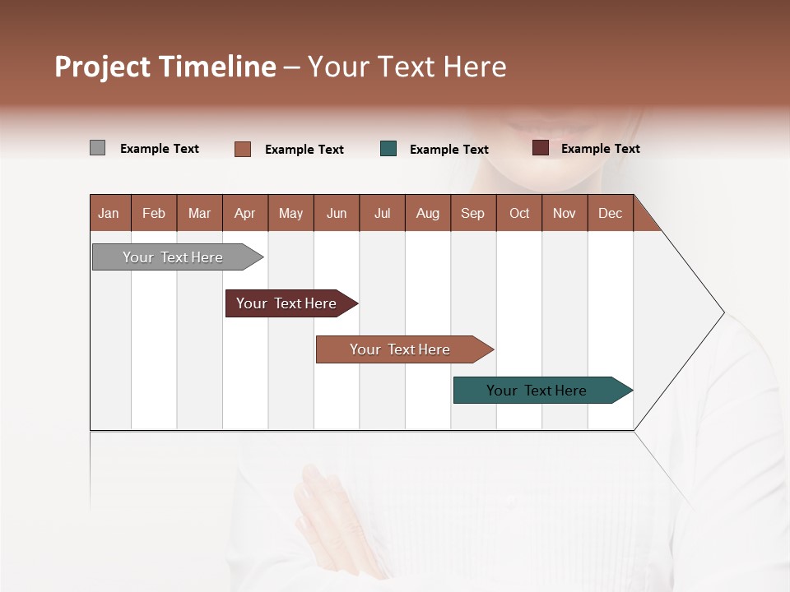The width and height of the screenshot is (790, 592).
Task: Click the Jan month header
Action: point(109,213)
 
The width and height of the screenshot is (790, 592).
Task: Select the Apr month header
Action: point(244,213)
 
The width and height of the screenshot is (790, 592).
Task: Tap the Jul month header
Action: point(382,213)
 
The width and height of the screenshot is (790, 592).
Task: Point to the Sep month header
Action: point(472,213)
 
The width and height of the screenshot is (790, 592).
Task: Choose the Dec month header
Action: point(610,213)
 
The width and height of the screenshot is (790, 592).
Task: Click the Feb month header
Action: point(154,213)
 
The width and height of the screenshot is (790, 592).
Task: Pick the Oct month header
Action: point(519,213)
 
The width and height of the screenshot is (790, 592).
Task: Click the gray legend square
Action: point(97,148)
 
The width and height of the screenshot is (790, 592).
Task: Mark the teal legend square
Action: point(388,149)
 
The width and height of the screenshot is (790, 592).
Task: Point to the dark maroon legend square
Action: point(540,148)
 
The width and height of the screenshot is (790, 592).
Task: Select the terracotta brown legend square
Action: point(243,149)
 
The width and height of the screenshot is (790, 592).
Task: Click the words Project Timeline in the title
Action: point(165,67)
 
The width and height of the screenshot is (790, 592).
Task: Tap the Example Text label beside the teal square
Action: point(448,150)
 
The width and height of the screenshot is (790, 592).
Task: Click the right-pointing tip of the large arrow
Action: point(721,312)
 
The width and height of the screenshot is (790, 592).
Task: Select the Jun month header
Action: point(337,213)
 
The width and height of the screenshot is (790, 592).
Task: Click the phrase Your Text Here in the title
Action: point(407,67)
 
